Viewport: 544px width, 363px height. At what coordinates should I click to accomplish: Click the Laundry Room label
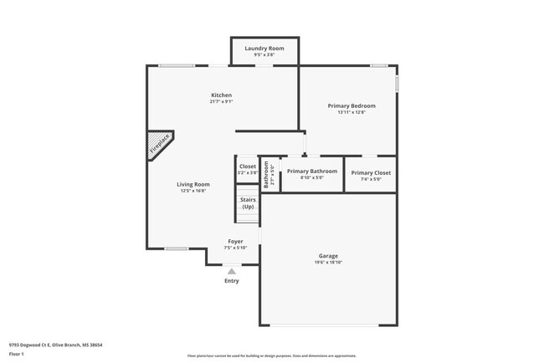point(264,49)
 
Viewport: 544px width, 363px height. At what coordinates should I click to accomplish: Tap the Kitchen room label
point(221,95)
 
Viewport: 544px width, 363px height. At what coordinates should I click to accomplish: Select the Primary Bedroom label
point(352,106)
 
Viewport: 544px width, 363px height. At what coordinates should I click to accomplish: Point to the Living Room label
point(193,184)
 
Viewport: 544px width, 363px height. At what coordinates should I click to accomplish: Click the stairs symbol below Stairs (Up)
point(247,215)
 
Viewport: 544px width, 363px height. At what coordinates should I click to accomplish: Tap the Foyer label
point(235,241)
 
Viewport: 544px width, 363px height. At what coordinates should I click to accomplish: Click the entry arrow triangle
point(232,271)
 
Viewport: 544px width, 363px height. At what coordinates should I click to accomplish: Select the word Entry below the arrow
point(232,281)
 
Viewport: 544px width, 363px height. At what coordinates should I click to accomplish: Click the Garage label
point(328,256)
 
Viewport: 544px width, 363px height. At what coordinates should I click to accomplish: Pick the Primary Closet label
point(371,172)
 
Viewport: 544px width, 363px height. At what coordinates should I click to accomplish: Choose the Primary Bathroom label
point(312,171)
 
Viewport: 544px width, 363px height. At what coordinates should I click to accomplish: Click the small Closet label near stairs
point(248,166)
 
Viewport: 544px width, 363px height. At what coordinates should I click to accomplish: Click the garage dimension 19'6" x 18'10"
point(328,263)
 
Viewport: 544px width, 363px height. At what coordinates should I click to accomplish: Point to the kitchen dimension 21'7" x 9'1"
point(221,102)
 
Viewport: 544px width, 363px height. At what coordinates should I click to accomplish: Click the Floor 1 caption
point(18,354)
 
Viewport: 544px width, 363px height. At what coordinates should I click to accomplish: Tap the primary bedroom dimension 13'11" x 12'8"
point(352,113)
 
